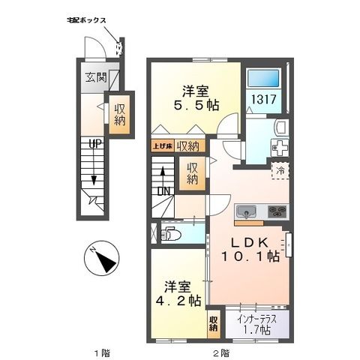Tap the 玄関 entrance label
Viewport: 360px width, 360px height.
(x=94, y=76)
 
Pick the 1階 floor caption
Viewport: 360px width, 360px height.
(x=103, y=351)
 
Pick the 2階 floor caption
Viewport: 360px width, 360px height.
(x=220, y=351)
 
